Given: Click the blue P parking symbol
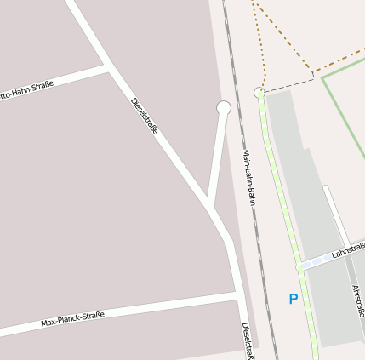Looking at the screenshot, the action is pyautogui.click(x=294, y=299).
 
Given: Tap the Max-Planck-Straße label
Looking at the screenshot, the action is pyautogui.click(x=73, y=320).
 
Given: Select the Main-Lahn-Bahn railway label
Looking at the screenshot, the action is pyautogui.click(x=248, y=178).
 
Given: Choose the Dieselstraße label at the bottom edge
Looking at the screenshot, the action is pyautogui.click(x=247, y=340).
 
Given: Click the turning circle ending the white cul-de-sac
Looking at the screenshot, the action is pyautogui.click(x=224, y=108).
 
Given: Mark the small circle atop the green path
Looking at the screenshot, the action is pyautogui.click(x=259, y=92).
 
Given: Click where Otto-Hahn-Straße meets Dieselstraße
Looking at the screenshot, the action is pyautogui.click(x=107, y=66).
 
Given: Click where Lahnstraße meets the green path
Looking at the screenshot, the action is pyautogui.click(x=299, y=266).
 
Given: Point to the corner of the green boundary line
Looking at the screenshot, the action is pyautogui.click(x=322, y=78).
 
